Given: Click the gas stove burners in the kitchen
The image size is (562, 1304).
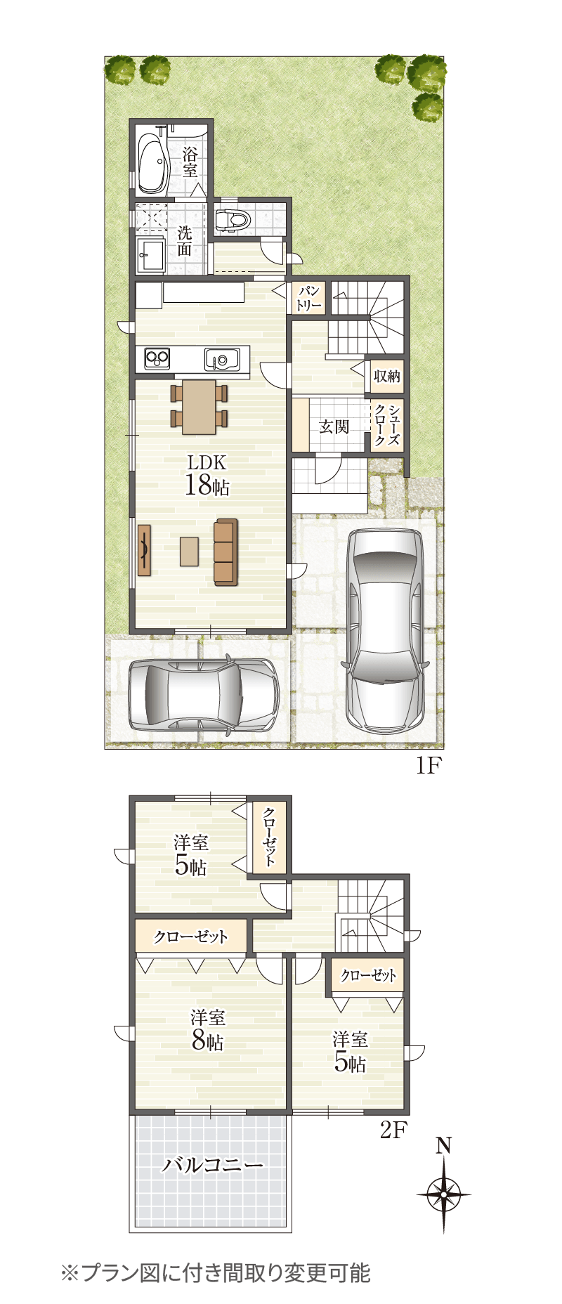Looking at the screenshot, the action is [x=157, y=358].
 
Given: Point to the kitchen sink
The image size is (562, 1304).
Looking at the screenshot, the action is [x=222, y=359].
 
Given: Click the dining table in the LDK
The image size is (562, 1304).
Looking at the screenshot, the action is [x=200, y=407].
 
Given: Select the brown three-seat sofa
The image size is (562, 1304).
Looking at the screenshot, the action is [x=226, y=552].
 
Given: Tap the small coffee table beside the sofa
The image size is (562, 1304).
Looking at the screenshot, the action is [x=189, y=552].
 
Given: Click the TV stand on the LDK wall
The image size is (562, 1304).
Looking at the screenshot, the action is [x=144, y=550].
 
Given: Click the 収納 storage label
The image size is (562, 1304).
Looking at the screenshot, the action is [x=386, y=377].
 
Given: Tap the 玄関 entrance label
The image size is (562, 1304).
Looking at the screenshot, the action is [x=334, y=426].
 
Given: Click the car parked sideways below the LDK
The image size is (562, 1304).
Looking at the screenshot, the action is [x=204, y=695].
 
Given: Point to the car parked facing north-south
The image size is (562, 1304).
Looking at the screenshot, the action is [x=386, y=629].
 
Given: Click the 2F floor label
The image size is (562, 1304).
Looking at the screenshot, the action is [x=393, y=1130].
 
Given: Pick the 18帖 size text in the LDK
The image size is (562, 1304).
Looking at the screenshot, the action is [x=207, y=485].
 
